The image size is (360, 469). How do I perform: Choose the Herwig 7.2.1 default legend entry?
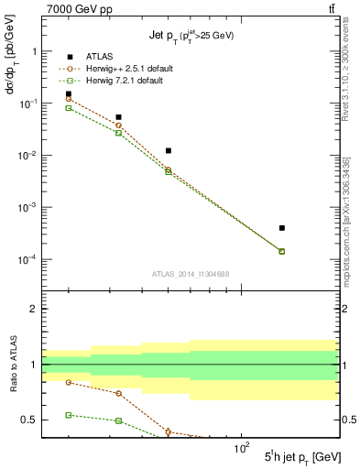(x=124, y=81)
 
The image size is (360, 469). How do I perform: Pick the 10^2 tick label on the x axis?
(x=242, y=448)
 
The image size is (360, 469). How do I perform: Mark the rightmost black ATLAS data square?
(x=282, y=228)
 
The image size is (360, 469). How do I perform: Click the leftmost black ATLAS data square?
(x=69, y=93)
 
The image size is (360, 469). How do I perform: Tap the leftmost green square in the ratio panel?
(x=69, y=415)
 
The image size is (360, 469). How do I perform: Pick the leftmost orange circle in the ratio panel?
(x=69, y=382)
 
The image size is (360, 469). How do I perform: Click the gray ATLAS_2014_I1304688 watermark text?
(x=191, y=273)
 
